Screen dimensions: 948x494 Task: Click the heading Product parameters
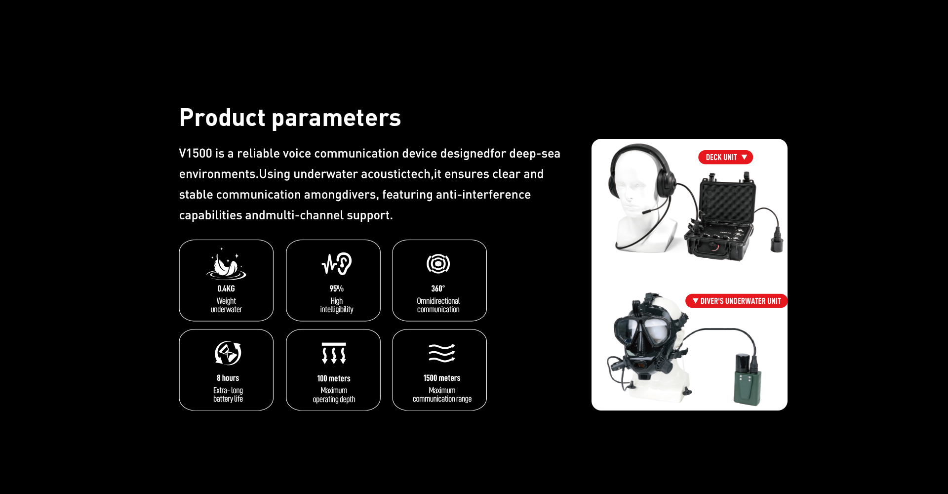click(290, 118)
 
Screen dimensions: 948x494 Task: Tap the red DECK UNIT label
click(725, 157)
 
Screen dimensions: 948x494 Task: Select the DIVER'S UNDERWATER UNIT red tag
click(736, 301)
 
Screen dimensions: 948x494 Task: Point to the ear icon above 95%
click(337, 264)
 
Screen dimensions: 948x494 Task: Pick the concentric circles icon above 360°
click(438, 264)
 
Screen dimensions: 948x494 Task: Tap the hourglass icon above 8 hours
click(228, 353)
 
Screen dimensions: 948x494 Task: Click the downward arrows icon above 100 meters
click(334, 353)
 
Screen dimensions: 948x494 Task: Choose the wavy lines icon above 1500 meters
click(442, 353)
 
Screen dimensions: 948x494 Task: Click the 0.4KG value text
click(226, 288)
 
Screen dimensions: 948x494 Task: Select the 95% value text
click(337, 288)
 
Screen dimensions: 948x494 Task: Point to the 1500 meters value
click(442, 378)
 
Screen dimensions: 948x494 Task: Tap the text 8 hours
click(228, 378)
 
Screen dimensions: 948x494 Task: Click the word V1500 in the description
click(196, 154)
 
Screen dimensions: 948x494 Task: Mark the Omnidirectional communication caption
click(438, 305)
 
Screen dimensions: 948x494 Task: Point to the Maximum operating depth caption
click(334, 395)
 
